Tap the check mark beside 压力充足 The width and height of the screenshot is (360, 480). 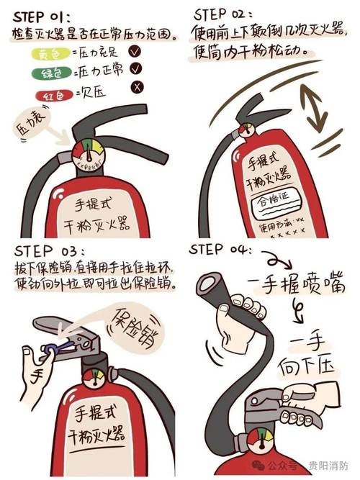click(134, 51)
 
